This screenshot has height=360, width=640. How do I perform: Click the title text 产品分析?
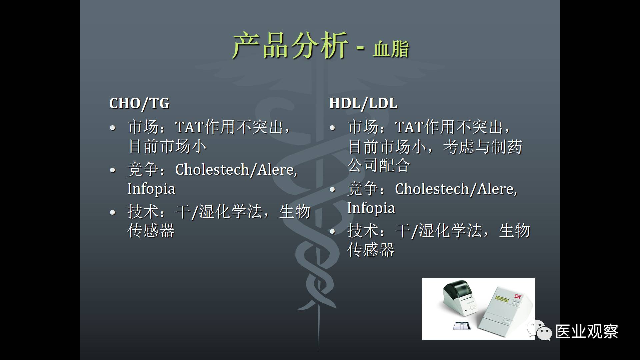click(x=290, y=46)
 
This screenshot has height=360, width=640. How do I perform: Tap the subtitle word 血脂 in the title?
click(x=391, y=49)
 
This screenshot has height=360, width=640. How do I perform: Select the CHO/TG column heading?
click(x=139, y=103)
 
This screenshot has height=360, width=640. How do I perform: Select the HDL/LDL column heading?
click(x=363, y=103)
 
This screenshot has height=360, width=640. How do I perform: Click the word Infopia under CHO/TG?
click(x=151, y=189)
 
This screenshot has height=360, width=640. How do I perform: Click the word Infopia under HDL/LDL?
click(x=371, y=208)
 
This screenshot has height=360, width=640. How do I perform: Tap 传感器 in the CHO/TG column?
click(x=151, y=231)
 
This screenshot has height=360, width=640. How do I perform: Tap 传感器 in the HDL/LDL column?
click(x=371, y=250)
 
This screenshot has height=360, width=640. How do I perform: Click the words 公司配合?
click(x=379, y=165)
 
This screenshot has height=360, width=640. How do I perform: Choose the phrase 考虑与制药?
click(x=483, y=147)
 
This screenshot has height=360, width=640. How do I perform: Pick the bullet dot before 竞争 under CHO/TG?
click(x=113, y=170)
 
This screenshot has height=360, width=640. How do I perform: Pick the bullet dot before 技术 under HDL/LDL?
click(x=332, y=232)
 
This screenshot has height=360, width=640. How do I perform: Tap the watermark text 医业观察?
click(x=587, y=332)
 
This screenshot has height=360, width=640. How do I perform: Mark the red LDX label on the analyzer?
click(x=518, y=296)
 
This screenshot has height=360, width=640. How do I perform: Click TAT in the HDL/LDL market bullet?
click(x=409, y=127)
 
